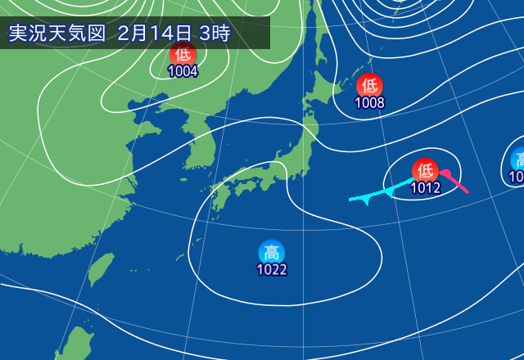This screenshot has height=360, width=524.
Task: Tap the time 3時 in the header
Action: [x=214, y=34]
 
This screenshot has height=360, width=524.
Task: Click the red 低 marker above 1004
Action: [x=182, y=55]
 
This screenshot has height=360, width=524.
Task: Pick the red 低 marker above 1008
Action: [x=369, y=84]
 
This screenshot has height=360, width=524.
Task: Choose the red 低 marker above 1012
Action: [x=425, y=170]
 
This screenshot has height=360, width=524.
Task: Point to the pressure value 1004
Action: [x=182, y=71]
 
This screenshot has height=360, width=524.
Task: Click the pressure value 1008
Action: [x=369, y=102]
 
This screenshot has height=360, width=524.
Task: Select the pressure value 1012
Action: [x=425, y=187]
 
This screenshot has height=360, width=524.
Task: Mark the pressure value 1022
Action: [x=271, y=270]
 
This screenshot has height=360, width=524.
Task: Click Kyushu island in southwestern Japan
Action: [x=219, y=198]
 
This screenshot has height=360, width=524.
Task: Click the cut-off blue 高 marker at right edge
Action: [x=518, y=159]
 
